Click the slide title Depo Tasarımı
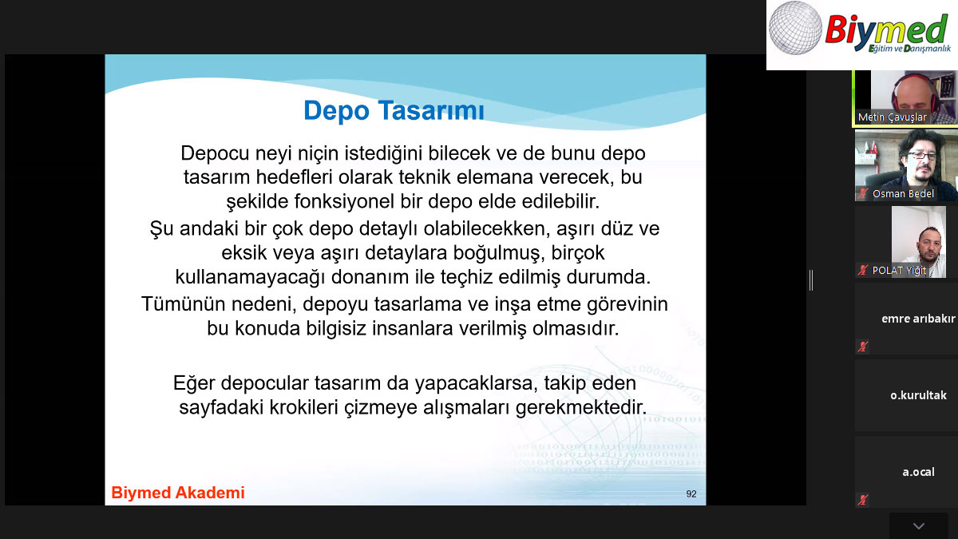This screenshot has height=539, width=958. coord(394,110)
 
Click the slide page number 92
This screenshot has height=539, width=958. coord(691,494)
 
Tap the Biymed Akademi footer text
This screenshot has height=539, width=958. coord(178,493)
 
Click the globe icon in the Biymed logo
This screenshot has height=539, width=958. coord(795,28)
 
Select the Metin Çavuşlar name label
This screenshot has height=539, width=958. coord(893,117)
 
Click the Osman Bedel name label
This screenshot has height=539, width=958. coord(903,194)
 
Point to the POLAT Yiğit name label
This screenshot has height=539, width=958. coord(899,271)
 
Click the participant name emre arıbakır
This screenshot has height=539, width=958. coord(918,319)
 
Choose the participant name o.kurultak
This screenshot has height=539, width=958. coord(918,395)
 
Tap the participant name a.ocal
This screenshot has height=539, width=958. coord(918,472)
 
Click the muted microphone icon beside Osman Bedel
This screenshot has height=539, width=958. coord(863,194)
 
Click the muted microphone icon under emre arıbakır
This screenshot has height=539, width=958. coord(863,347)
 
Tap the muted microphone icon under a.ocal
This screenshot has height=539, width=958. coord(863,500)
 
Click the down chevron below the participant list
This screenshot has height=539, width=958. coord(919,525)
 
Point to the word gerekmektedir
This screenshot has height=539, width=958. coord(581,408)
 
